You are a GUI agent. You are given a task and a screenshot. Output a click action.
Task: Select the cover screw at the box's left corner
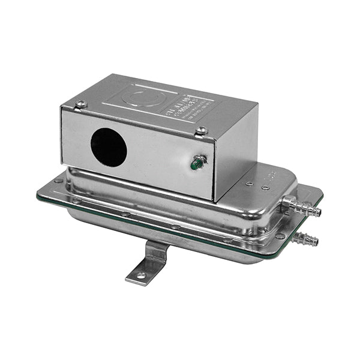[x=81, y=104]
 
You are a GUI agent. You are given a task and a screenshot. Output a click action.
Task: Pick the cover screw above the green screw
[x=202, y=130]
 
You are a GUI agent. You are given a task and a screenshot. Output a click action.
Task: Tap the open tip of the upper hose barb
[x=319, y=212]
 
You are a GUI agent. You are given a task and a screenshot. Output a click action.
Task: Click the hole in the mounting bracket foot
[x=140, y=275]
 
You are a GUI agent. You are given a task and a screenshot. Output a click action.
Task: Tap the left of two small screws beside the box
[x=249, y=183]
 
